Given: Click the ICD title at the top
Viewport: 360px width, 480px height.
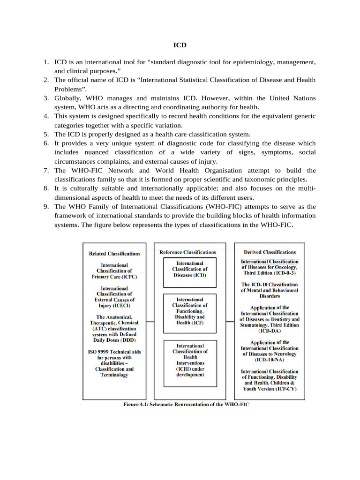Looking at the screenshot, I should pos(180,45).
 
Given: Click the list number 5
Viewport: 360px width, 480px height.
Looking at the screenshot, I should pos(46,134).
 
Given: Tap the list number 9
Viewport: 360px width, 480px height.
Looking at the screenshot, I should pos(46,207).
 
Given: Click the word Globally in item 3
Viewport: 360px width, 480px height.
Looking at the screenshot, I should pos(69,98).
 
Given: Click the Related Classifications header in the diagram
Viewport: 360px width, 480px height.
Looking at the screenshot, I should pos(114,254).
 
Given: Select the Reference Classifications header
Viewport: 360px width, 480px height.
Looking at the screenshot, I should pos(187,252).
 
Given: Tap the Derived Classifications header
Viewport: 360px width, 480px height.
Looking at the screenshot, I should pos(270,252).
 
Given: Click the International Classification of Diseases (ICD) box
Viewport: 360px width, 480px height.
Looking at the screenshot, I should pos(189,270).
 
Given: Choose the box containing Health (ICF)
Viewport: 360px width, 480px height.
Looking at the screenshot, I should pos(190,311).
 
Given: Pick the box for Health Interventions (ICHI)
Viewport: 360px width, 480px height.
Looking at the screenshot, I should pos(190,360).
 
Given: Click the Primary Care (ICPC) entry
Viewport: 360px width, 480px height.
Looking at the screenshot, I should pos(114,277).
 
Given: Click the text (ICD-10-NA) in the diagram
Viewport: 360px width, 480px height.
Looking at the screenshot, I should pos(270,360).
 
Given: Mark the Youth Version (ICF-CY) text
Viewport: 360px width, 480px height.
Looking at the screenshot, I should pos(270,389).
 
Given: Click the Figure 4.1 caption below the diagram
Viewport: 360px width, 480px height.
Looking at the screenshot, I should pos(187,404).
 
